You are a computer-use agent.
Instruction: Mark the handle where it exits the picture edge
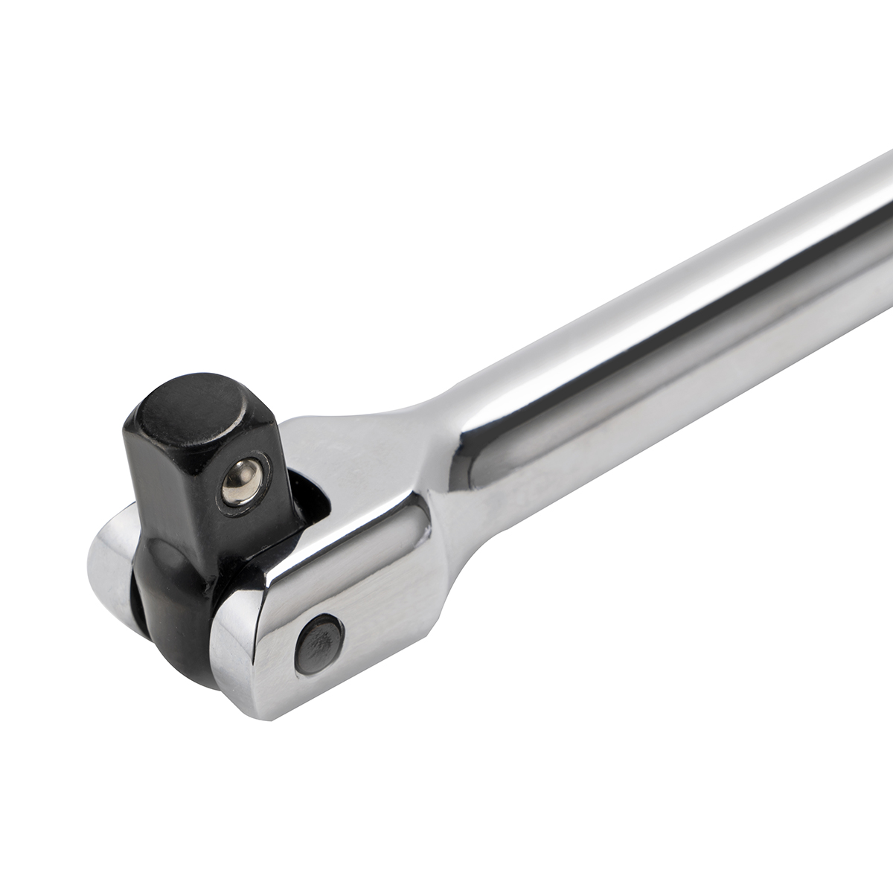tap(882, 223)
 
